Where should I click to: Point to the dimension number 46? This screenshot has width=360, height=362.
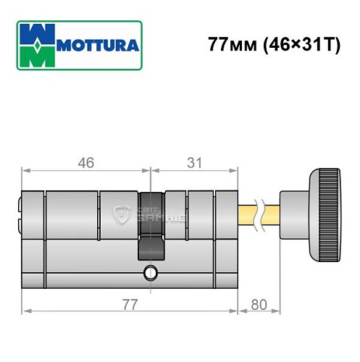pos(85,164)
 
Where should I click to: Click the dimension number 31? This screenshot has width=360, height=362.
pos(194,164)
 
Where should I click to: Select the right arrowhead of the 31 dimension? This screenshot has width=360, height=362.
pos(235,172)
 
